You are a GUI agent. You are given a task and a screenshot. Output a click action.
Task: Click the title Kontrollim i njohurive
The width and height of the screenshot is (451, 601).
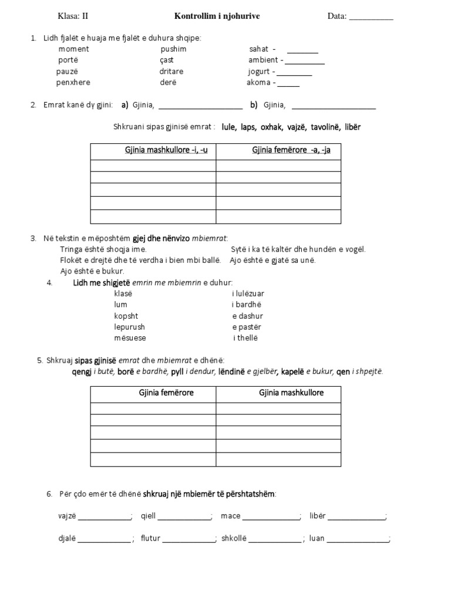[x=217, y=16]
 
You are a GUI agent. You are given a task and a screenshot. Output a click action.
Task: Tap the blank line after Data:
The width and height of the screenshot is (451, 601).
[x=371, y=18]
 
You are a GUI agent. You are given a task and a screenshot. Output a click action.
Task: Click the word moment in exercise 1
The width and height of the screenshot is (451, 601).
[x=73, y=49]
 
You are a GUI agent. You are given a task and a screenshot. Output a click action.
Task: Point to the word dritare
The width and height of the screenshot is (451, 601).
[x=171, y=71]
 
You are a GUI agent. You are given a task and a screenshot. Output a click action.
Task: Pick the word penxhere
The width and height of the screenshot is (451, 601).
[x=73, y=82]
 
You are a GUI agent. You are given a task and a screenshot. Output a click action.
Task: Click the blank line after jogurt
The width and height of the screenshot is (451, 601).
[x=294, y=73]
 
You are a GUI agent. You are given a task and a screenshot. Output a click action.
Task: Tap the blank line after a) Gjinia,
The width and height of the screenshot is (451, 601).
[x=200, y=107]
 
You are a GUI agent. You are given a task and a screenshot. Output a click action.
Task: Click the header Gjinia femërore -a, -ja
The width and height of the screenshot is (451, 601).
[x=291, y=150]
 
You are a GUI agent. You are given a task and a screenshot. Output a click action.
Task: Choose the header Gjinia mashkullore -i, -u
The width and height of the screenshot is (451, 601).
[x=166, y=150]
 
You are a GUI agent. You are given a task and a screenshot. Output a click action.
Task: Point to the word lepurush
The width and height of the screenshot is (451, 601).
[x=129, y=327]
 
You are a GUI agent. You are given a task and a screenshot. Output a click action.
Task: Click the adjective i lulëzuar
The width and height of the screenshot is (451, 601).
[x=248, y=293]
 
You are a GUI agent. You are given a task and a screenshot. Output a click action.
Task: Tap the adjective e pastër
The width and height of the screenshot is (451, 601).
[x=247, y=327]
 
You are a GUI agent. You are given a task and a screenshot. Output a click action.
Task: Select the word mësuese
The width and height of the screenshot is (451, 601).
[x=130, y=338]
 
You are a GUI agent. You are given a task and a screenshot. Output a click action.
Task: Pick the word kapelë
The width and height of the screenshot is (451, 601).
[x=293, y=372]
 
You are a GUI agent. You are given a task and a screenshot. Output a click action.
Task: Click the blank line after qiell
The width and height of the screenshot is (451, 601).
[x=184, y=518]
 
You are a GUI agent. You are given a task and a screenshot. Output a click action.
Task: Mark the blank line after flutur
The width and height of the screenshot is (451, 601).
[x=189, y=540]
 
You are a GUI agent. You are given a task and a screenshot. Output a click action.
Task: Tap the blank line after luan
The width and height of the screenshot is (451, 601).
[x=358, y=540]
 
